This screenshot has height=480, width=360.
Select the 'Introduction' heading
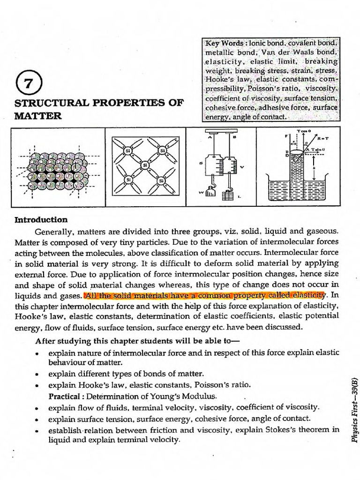click(x=41, y=220)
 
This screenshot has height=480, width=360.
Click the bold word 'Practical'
click(x=64, y=396)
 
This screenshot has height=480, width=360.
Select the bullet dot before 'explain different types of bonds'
click(x=37, y=374)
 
